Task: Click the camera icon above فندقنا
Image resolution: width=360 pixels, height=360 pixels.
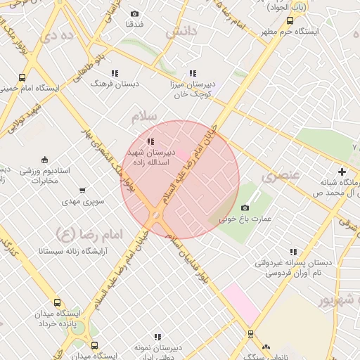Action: (135, 13)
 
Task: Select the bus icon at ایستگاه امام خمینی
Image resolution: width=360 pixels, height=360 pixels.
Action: (22, 78)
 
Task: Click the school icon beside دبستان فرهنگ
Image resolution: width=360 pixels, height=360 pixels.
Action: (115, 73)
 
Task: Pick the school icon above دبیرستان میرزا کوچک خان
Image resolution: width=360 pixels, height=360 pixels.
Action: (193, 73)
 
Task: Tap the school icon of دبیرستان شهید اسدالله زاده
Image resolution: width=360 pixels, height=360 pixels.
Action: (150, 142)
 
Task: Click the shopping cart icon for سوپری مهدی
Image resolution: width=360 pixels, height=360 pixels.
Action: (83, 191)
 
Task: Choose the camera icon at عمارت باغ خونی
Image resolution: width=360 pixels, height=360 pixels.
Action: (245, 207)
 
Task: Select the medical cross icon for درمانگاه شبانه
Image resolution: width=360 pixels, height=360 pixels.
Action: (342, 172)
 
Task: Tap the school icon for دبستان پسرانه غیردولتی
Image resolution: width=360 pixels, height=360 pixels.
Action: (293, 252)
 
